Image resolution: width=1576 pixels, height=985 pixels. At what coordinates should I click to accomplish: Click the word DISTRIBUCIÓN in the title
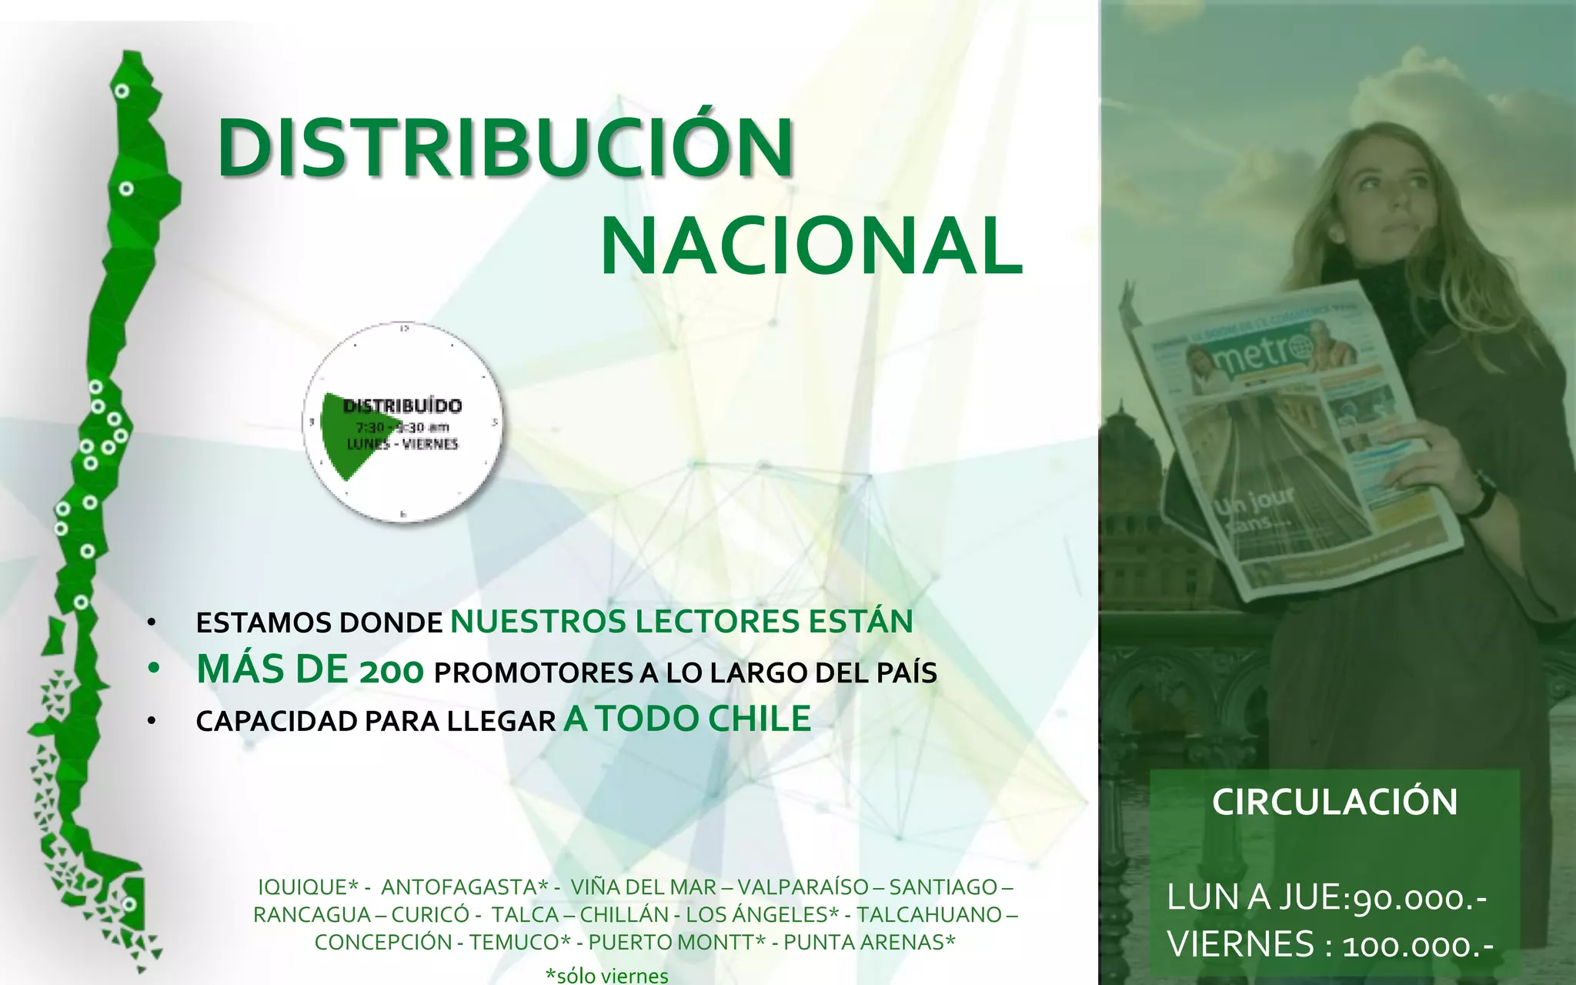click(x=505, y=148)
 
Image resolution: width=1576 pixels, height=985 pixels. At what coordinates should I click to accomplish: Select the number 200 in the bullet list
click(x=391, y=672)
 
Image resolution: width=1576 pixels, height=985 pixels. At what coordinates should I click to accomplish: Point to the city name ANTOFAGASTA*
click(x=464, y=887)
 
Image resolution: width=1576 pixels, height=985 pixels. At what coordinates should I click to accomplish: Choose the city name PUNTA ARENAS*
click(x=870, y=942)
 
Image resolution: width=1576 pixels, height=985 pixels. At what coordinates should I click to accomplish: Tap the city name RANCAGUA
click(x=312, y=915)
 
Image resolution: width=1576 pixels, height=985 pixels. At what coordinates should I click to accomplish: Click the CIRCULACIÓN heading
click(x=1334, y=802)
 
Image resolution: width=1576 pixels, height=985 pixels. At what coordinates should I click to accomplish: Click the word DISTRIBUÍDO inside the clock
click(x=402, y=406)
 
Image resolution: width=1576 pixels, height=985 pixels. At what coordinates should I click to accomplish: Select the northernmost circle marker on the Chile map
click(x=122, y=91)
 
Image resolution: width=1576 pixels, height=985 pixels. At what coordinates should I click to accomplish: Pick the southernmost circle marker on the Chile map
click(x=129, y=903)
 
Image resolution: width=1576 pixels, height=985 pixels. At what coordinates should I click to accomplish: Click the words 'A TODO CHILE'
click(x=687, y=719)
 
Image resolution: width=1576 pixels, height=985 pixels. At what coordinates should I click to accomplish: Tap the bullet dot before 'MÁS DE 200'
click(x=153, y=669)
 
